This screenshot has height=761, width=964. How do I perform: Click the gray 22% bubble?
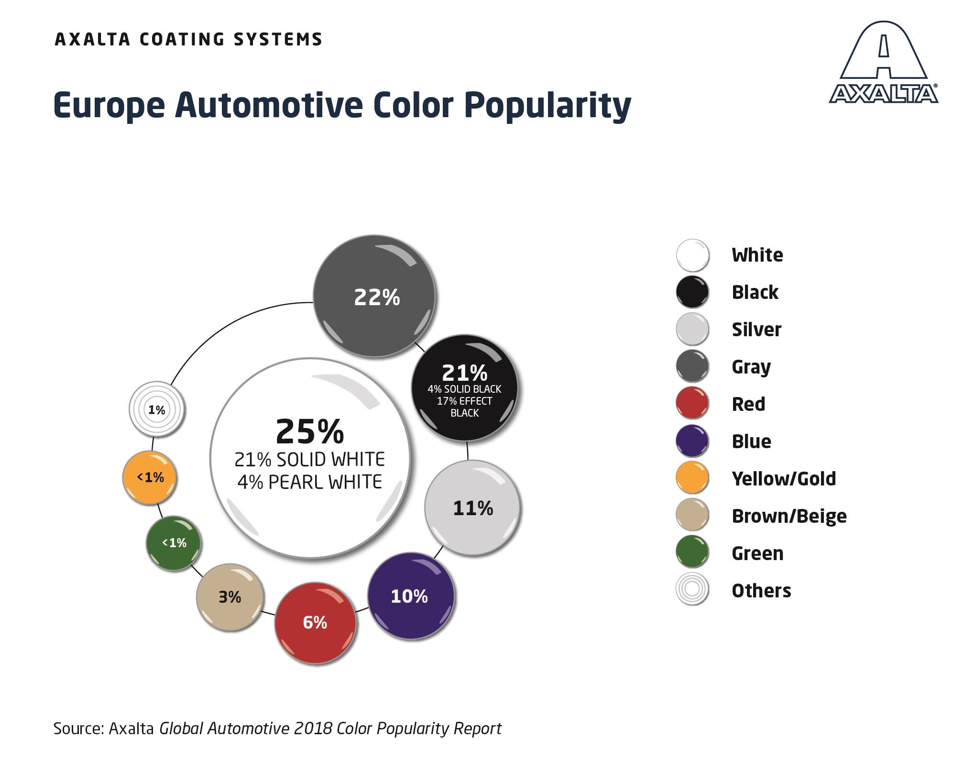pyautogui.click(x=374, y=296)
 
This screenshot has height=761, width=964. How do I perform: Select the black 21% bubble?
pyautogui.click(x=464, y=388)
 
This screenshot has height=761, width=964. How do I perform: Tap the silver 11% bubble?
pyautogui.click(x=472, y=508)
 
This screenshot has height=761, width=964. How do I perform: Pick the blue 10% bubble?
pyautogui.click(x=411, y=596)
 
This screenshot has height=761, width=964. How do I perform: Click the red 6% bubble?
pyautogui.click(x=315, y=623)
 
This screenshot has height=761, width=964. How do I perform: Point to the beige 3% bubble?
pyautogui.click(x=230, y=597)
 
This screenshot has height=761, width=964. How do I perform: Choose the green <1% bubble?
pyautogui.click(x=174, y=543)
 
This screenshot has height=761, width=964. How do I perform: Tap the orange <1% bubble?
pyautogui.click(x=150, y=477)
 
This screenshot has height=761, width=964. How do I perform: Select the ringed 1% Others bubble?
pyautogui.click(x=157, y=409)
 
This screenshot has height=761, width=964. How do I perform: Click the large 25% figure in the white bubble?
pyautogui.click(x=310, y=431)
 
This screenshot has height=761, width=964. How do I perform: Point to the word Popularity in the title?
pyautogui.click(x=548, y=105)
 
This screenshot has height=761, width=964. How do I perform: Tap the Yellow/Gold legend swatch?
pyautogui.click(x=692, y=478)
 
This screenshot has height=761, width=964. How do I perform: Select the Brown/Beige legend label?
pyautogui.click(x=789, y=516)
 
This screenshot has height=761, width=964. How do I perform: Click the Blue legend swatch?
pyautogui.click(x=692, y=441)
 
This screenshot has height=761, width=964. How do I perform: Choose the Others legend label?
pyautogui.click(x=761, y=591)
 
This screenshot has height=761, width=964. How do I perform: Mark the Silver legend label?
pyautogui.click(x=756, y=330)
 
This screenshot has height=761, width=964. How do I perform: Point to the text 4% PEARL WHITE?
pyautogui.click(x=310, y=482)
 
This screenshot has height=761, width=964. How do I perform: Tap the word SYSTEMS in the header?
pyautogui.click(x=278, y=39)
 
